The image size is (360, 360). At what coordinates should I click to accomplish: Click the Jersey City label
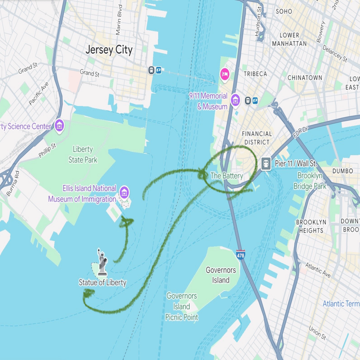click(x=109, y=50)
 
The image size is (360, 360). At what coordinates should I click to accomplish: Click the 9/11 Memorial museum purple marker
click(x=235, y=100)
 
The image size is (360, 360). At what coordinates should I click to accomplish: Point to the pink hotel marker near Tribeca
click(x=225, y=74)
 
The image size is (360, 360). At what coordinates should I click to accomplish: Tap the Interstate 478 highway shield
click(x=240, y=255)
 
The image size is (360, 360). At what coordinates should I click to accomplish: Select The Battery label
click(x=226, y=175)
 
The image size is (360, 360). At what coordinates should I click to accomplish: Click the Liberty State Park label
click(x=83, y=154)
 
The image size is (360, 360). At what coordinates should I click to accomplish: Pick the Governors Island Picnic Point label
click(x=182, y=306)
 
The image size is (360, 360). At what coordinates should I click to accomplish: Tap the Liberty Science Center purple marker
click(x=59, y=126)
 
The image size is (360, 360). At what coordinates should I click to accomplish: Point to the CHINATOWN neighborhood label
click(x=304, y=78)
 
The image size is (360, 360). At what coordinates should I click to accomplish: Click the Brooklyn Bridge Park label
click(x=310, y=180)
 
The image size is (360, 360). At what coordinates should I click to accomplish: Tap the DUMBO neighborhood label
click(x=342, y=171)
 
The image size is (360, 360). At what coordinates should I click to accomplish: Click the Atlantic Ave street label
click(x=318, y=270)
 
